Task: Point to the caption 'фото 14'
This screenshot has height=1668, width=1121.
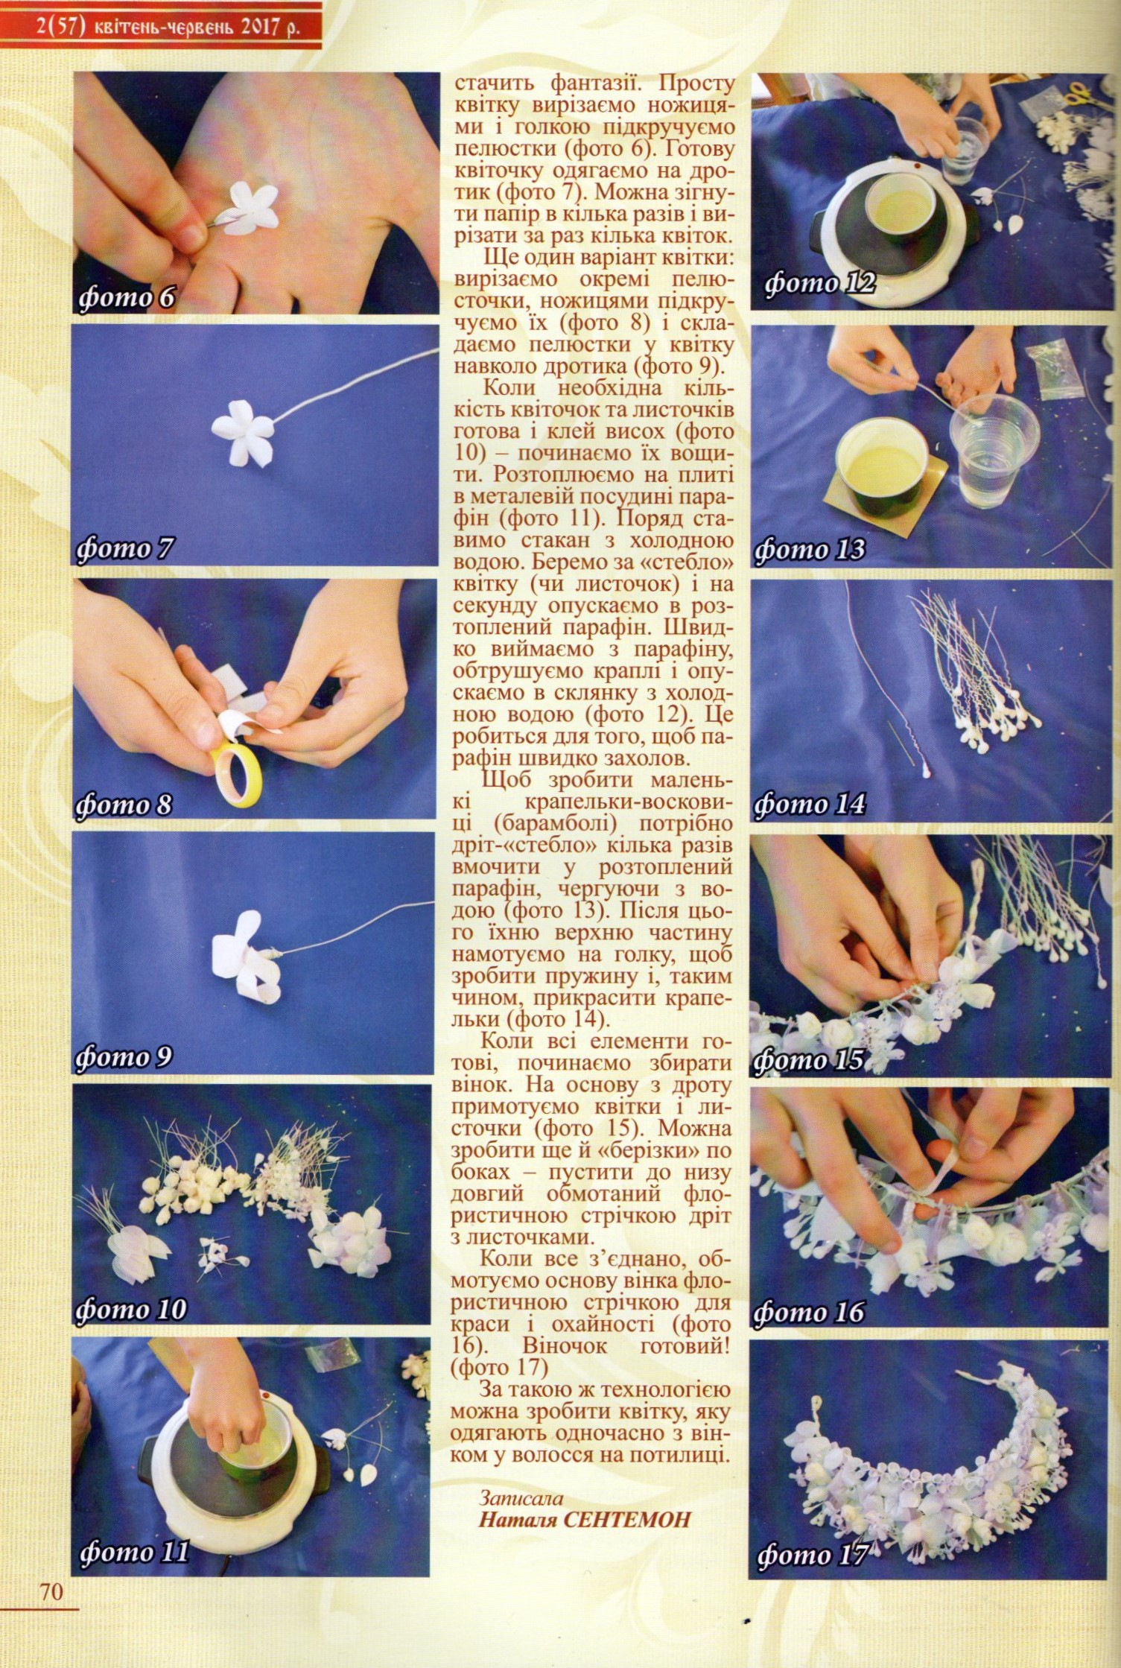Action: pyautogui.click(x=810, y=804)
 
